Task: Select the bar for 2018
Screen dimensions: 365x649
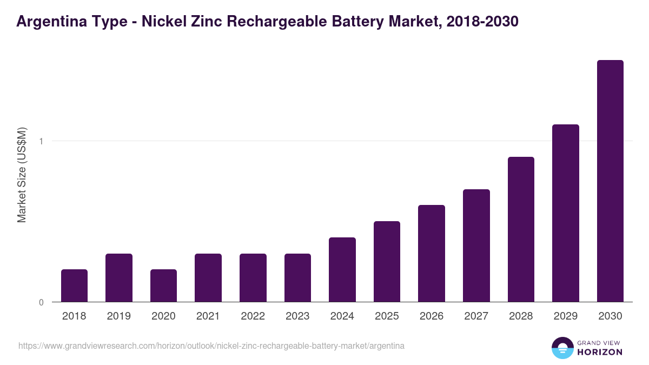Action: pyautogui.click(x=74, y=286)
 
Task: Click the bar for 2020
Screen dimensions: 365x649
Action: pyautogui.click(x=163, y=286)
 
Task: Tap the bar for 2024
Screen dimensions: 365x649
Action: pyautogui.click(x=342, y=269)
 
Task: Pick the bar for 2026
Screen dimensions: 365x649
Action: pyautogui.click(x=432, y=253)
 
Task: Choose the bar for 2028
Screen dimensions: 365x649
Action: pyautogui.click(x=521, y=229)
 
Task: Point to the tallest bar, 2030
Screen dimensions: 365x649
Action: pyautogui.click(x=610, y=181)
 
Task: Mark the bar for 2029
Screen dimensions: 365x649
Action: pyautogui.click(x=566, y=213)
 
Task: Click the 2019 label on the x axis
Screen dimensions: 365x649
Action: pyautogui.click(x=118, y=316)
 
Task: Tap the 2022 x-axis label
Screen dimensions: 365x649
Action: pyautogui.click(x=253, y=316)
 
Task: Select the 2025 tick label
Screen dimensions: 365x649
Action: pyautogui.click(x=387, y=316)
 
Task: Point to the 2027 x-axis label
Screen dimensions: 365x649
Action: pyautogui.click(x=476, y=316)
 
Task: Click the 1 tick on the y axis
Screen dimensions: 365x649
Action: pyautogui.click(x=41, y=141)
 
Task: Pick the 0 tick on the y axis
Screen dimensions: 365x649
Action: pyautogui.click(x=41, y=302)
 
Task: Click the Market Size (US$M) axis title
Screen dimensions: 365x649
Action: pyautogui.click(x=22, y=175)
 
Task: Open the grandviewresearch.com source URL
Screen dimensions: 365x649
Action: pyautogui.click(x=211, y=346)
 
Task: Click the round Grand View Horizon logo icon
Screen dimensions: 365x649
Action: pyautogui.click(x=562, y=348)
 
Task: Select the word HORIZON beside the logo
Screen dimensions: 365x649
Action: pyautogui.click(x=600, y=352)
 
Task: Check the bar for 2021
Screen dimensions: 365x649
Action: pyautogui.click(x=208, y=277)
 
